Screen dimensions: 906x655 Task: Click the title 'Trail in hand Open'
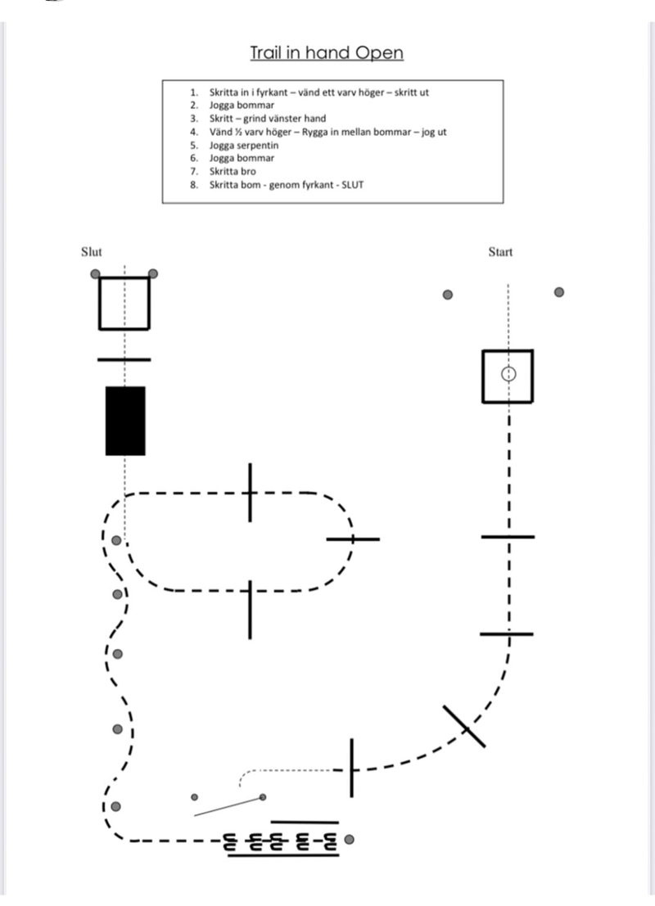(x=327, y=53)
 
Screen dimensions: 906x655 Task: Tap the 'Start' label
(x=500, y=252)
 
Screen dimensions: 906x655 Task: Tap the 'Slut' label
(x=92, y=252)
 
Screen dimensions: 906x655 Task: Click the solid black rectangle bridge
(x=125, y=421)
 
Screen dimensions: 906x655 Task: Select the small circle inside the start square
(x=508, y=374)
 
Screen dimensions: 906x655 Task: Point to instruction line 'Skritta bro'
(x=233, y=171)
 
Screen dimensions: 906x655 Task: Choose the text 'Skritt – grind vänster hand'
(x=267, y=119)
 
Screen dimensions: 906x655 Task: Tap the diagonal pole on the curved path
(x=463, y=726)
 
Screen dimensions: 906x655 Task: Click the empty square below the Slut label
(x=124, y=303)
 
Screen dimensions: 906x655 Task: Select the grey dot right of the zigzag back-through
(x=350, y=839)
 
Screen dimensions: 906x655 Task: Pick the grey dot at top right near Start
(x=559, y=291)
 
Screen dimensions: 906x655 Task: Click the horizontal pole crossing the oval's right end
(x=353, y=539)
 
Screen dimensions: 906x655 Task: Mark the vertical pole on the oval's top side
(x=251, y=492)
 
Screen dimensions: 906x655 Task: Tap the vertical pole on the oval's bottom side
(x=251, y=609)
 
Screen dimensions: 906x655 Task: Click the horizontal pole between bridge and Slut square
(x=124, y=358)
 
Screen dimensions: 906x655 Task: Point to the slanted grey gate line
(x=228, y=806)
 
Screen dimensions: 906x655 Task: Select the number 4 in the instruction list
(x=193, y=132)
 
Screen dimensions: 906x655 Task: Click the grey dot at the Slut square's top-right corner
(x=152, y=274)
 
